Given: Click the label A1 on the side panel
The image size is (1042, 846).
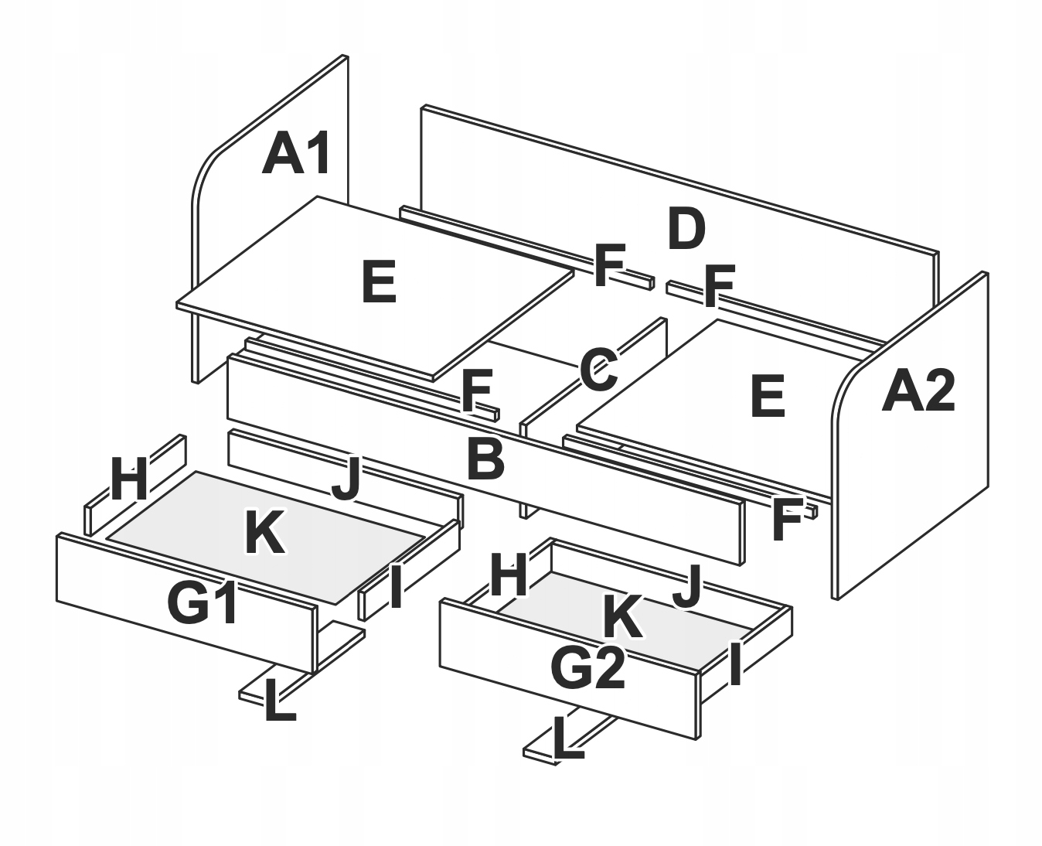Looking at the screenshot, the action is (298, 154).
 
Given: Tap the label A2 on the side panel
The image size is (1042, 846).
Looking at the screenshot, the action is (918, 391).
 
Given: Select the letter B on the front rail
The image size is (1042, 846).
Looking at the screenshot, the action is (486, 459).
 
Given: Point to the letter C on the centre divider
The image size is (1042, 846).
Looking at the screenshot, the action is (598, 370).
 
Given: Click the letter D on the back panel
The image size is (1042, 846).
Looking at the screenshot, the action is (686, 230).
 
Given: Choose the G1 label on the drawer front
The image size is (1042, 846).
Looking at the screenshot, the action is (203, 604).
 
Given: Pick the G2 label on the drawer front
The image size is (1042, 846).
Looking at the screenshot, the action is (587, 668).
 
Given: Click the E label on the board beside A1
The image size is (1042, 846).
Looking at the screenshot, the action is (379, 282).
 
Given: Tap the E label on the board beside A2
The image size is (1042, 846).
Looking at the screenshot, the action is (768, 397).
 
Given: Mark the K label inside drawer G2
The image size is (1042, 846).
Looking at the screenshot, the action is (622, 617).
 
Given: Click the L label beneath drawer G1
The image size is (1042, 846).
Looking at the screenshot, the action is (279, 701).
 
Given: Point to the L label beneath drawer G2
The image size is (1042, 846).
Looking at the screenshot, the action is (569, 739).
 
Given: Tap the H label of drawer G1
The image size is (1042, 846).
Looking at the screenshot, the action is (128, 479).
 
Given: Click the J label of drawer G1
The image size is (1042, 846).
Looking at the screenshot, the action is (346, 479).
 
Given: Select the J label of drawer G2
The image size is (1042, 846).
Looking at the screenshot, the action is (686, 587).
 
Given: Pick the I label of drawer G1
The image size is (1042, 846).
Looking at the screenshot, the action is (395, 587).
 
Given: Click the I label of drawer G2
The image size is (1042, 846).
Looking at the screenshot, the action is (735, 664).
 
